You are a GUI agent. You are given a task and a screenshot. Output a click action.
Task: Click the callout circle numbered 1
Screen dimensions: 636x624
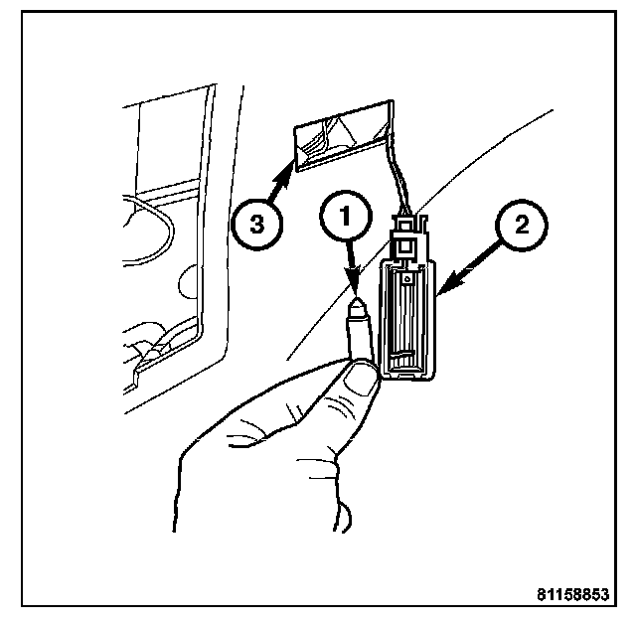point(346,216)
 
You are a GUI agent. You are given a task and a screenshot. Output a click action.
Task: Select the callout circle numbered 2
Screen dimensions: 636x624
point(522,225)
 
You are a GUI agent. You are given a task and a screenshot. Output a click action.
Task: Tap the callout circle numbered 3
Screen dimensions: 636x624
point(256,224)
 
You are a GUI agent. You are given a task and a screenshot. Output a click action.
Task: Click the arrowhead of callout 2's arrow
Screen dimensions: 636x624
point(450,284)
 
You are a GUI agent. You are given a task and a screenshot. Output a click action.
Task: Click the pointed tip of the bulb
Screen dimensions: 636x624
point(358,298)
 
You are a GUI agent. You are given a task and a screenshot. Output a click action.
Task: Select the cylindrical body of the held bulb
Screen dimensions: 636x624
point(360,333)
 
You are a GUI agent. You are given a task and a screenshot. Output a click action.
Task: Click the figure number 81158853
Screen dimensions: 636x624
point(573,595)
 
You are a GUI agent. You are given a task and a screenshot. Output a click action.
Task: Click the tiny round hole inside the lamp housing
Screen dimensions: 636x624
point(405,278)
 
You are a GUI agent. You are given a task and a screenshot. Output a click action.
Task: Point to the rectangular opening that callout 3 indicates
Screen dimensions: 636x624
point(344,136)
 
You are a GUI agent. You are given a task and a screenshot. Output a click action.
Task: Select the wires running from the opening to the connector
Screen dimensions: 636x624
point(399,179)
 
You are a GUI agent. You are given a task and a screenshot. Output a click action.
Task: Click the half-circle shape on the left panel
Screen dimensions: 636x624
point(188,282)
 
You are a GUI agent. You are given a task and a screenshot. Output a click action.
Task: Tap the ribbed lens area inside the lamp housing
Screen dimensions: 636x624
point(406,320)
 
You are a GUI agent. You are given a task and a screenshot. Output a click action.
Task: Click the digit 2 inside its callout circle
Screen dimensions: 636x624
point(522,225)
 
